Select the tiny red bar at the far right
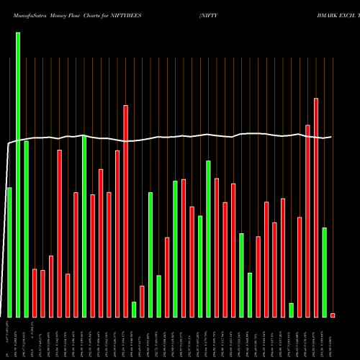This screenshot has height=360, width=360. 333,315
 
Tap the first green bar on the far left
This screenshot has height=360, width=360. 9,252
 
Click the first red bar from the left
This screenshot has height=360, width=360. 35,292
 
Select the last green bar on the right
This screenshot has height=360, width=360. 324,271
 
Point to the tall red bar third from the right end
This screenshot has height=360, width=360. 307,220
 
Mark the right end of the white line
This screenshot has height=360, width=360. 331,137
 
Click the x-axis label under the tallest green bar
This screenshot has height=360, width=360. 18,338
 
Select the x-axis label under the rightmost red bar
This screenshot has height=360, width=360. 333,338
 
